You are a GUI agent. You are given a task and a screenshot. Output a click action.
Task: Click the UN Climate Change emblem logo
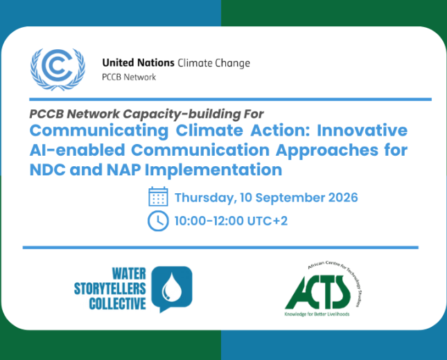(58, 69)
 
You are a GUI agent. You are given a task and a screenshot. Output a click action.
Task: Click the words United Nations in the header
(139, 63)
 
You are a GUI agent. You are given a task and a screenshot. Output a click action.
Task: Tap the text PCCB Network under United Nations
(129, 77)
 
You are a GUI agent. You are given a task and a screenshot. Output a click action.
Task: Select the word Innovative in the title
(362, 130)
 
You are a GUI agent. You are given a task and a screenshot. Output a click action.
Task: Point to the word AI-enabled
(78, 150)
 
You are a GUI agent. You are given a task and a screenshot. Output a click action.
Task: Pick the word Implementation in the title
(213, 170)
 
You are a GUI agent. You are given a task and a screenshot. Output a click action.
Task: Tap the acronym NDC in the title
(48, 170)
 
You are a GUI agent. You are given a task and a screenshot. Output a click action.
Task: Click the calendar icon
(158, 196)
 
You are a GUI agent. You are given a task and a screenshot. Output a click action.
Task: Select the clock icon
(158, 221)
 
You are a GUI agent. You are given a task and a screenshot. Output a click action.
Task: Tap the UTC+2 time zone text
(268, 221)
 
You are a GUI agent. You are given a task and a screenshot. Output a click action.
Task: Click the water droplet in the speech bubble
(172, 287)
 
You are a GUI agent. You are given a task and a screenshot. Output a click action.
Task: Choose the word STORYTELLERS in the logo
(110, 289)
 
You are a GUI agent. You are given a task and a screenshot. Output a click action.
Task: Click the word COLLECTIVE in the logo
(117, 304)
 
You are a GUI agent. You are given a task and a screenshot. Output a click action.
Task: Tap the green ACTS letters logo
(317, 292)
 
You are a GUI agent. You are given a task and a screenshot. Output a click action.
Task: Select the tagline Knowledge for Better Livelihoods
(317, 314)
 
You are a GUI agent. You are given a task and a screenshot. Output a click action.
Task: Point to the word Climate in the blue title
(209, 130)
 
